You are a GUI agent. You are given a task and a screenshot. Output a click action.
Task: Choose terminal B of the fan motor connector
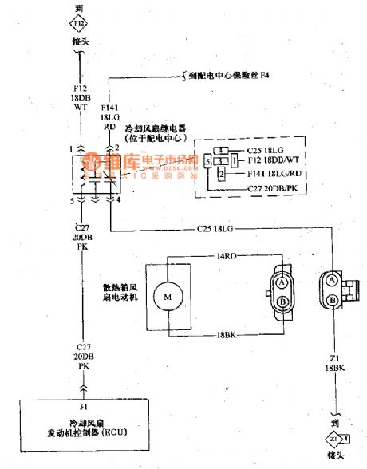point(283,301)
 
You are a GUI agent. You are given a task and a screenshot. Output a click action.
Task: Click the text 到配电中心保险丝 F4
point(236,75)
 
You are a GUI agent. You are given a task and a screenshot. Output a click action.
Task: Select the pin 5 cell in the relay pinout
point(207,162)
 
